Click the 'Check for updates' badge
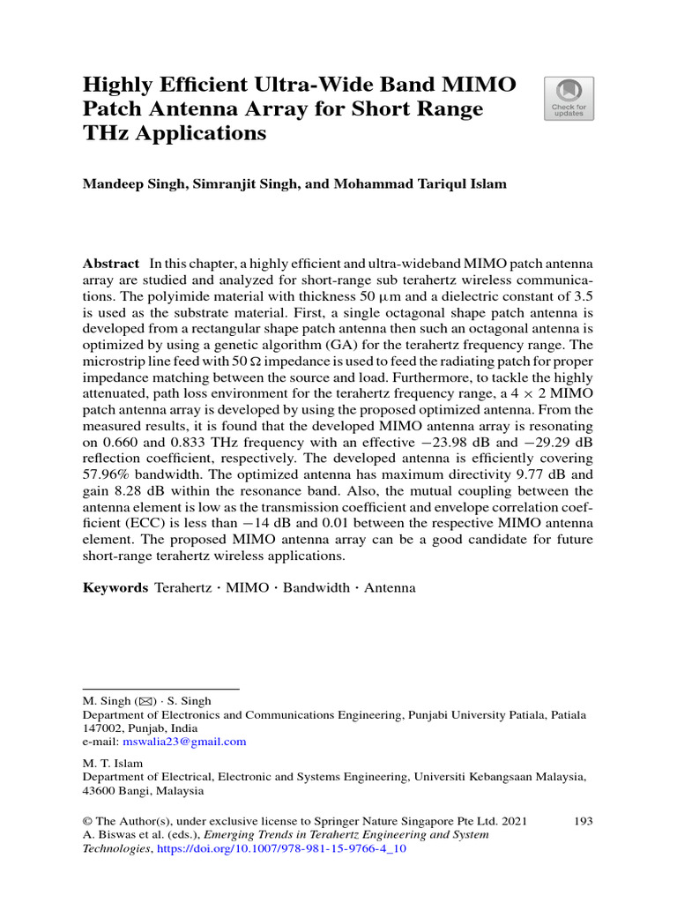tap(569, 99)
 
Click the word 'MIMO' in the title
tap(477, 86)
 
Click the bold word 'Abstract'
tap(110, 264)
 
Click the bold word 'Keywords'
tap(115, 587)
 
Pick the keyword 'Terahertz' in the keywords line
tap(183, 587)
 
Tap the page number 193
tap(583, 821)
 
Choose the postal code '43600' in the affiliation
tap(99, 791)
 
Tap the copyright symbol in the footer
tap(86, 821)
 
